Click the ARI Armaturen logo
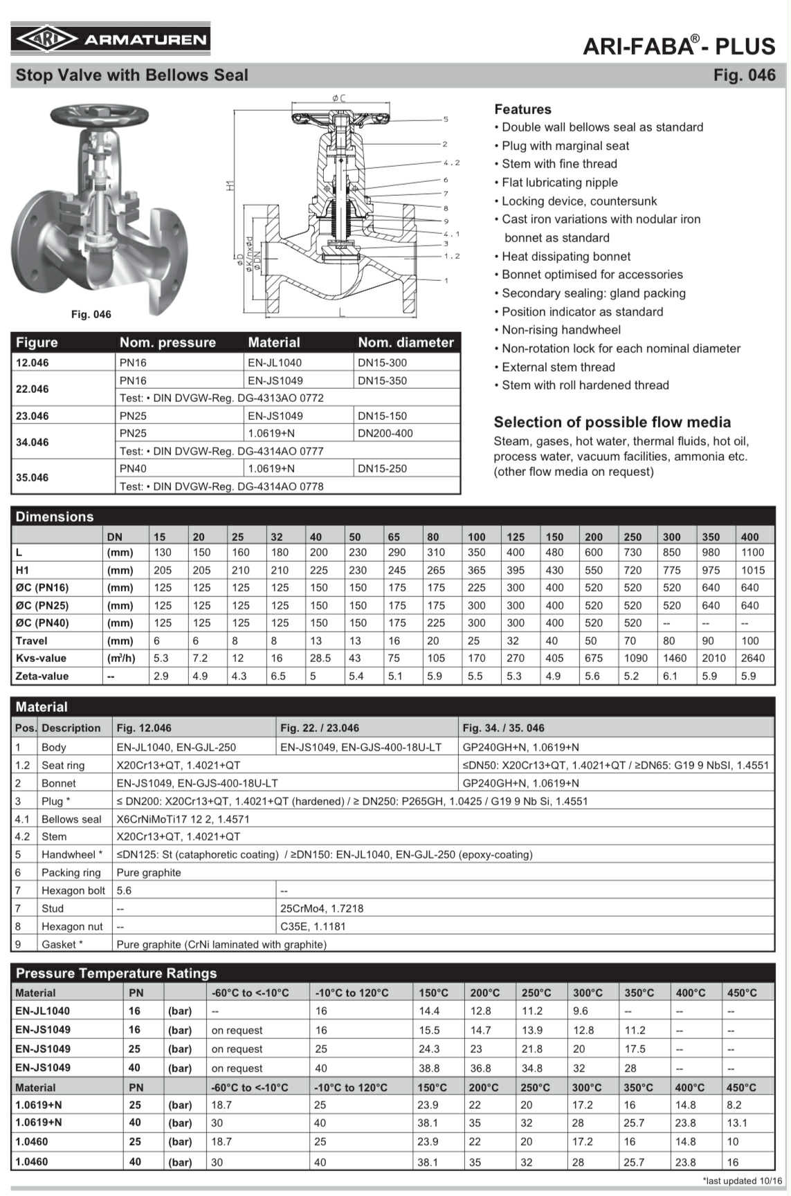[111, 39]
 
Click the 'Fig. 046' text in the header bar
[744, 75]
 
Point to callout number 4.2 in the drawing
[451, 163]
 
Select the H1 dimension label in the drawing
[231, 185]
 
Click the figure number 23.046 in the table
[33, 416]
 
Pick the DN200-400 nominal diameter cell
[385, 433]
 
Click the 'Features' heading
[522, 109]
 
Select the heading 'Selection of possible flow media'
[612, 422]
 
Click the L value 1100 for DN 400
[752, 553]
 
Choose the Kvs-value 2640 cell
[752, 658]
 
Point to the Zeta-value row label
[42, 676]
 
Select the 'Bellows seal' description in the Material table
[71, 819]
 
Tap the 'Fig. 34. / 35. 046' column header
[503, 728]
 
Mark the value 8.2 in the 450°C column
[734, 1105]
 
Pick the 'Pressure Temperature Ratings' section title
[116, 973]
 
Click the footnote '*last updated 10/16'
[742, 1181]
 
